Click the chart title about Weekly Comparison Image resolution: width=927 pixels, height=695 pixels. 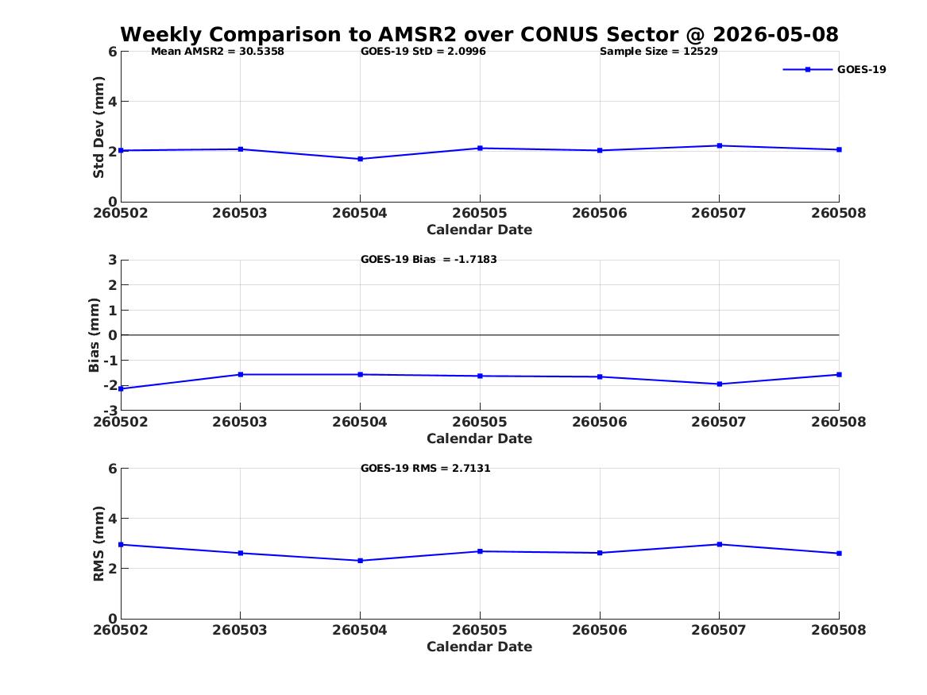coord(480,34)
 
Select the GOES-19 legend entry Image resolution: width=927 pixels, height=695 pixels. coord(834,69)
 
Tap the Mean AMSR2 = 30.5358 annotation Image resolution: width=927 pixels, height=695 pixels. coord(218,52)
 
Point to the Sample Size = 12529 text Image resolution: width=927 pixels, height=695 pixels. coord(659,52)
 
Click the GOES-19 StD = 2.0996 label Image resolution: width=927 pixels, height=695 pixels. coord(423,52)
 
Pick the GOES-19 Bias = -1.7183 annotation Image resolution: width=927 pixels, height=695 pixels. coord(429,260)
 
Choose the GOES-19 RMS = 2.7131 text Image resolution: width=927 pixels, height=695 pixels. coord(426,468)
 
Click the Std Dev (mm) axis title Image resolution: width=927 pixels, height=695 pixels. coord(98,127)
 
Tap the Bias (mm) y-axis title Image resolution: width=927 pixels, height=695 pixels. coord(94,335)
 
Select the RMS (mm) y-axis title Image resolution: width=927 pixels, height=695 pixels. coord(98,544)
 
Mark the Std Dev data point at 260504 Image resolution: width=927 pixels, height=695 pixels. coord(360,159)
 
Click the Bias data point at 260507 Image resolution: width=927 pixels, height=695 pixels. coord(720,384)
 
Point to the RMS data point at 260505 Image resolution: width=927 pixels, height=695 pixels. coord(480,551)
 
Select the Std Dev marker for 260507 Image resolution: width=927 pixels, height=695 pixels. coord(720,145)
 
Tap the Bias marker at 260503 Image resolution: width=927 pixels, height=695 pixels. coord(241,375)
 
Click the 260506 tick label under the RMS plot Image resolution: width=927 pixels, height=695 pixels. coord(600,630)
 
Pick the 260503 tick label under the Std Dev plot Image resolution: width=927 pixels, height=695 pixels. coord(239,213)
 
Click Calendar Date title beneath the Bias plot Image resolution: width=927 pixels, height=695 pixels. coord(480,438)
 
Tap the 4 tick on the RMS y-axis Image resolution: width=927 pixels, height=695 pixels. coord(112,519)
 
